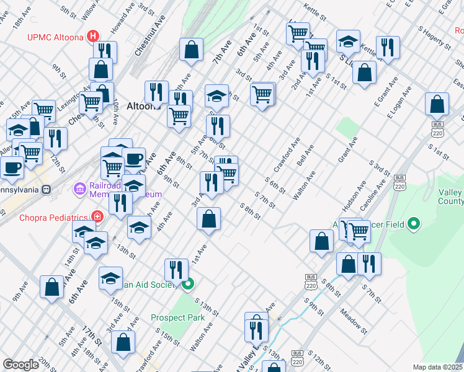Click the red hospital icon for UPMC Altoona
point(93,35)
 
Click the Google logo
point(21,364)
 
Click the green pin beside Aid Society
point(188,285)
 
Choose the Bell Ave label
point(305,155)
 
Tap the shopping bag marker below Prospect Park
point(124,342)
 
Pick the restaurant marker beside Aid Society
point(176,270)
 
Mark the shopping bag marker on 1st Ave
point(209,219)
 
